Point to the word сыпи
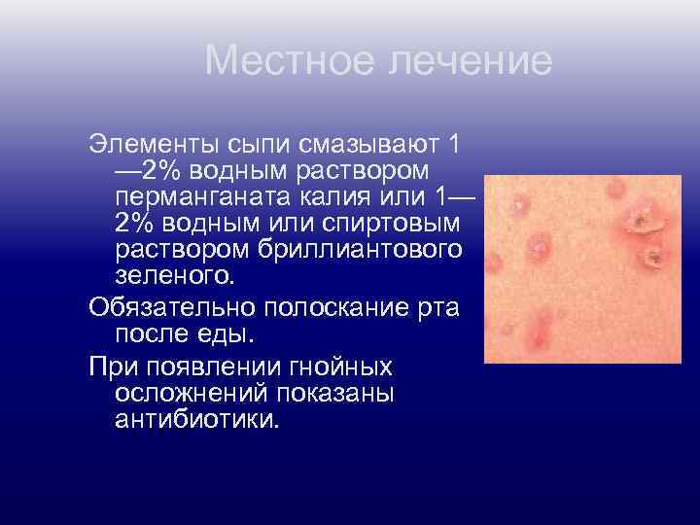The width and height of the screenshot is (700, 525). click(257, 144)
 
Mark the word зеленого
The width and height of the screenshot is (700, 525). click(174, 276)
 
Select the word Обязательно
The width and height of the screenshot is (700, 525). click(166, 309)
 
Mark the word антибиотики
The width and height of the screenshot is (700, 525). click(195, 420)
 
